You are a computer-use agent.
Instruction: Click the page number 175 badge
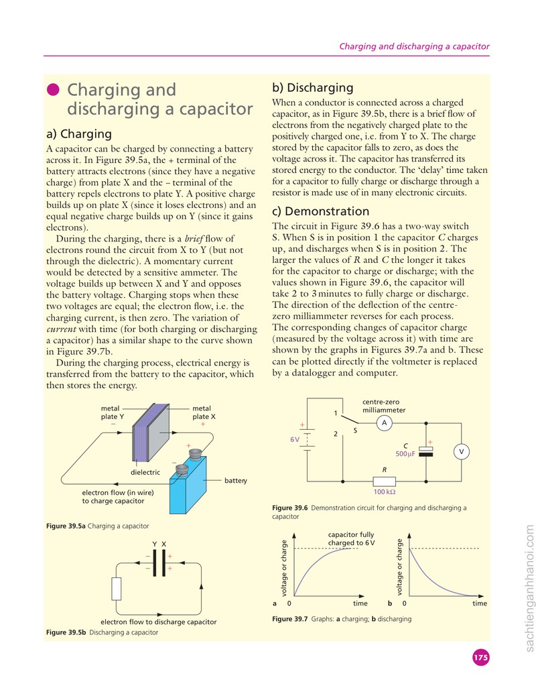pos(480,657)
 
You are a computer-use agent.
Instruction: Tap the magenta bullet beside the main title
pos(53,89)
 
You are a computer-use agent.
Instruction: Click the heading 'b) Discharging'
pos(313,88)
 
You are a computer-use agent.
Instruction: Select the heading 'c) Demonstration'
pos(320,211)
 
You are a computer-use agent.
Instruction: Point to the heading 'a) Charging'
pos(79,134)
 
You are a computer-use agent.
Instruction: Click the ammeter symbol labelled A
pos(385,423)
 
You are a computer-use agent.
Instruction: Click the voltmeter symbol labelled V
pos(461,451)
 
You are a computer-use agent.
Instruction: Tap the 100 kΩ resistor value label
pos(385,492)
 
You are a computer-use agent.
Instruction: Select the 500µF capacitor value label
pos(405,454)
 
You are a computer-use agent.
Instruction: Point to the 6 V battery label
pos(295,439)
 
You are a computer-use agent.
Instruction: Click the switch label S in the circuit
pos(355,430)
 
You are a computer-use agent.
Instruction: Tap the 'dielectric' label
pos(145,472)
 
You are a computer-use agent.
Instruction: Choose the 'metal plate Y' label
pos(112,412)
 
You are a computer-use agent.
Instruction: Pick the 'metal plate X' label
pos(204,412)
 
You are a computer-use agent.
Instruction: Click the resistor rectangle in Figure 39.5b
pos(116,589)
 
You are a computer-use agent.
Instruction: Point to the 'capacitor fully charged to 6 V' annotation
pos(351,538)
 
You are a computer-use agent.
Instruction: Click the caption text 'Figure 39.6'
pos(289,508)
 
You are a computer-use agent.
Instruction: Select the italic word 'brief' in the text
pos(194,239)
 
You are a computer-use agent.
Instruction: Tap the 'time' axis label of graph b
pos(480,603)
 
